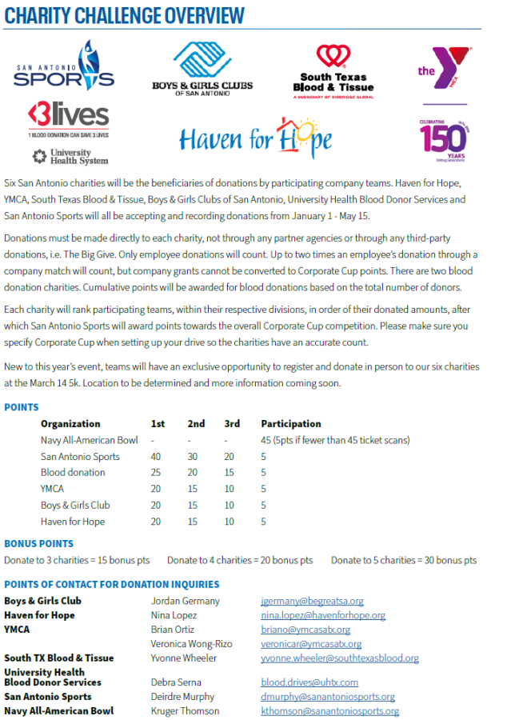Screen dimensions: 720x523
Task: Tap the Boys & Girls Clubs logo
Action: (x=202, y=69)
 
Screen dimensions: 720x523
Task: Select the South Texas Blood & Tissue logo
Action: (x=333, y=70)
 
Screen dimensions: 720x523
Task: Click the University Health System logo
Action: (x=70, y=156)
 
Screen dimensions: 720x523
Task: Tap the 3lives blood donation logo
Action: (x=68, y=120)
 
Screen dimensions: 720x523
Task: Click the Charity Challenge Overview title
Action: (x=125, y=15)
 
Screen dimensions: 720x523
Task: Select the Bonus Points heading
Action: (x=38, y=544)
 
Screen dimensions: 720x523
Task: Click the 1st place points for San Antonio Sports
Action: (x=156, y=457)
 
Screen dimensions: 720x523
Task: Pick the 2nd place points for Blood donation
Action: (x=193, y=473)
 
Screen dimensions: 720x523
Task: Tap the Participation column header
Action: (x=290, y=424)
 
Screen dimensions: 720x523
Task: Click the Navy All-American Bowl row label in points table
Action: (x=89, y=440)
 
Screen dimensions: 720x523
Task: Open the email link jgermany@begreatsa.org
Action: (x=312, y=601)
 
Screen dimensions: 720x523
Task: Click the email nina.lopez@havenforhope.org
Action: (x=323, y=615)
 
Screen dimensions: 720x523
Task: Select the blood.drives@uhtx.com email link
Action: (x=309, y=682)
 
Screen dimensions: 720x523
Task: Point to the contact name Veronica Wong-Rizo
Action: (x=191, y=644)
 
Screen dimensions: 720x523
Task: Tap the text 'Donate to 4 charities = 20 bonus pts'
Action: (x=240, y=560)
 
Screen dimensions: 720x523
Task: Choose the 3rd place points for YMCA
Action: (x=230, y=489)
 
